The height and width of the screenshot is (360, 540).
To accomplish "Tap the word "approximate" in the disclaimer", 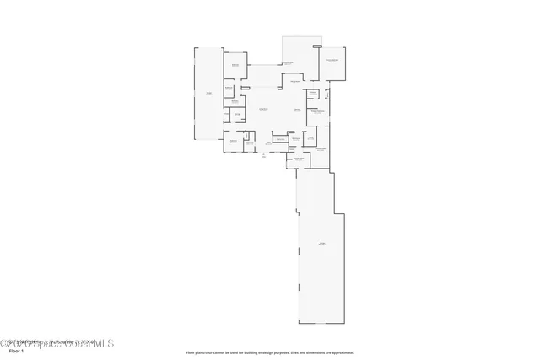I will pyautogui.click(x=343, y=352).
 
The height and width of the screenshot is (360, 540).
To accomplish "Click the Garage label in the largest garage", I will pyautogui.click(x=321, y=244).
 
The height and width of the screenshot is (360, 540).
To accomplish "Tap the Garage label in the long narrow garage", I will pyautogui.click(x=208, y=93).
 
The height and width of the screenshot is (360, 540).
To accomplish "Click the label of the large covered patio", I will pyautogui.click(x=288, y=63).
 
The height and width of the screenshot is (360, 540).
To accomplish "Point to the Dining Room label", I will pyautogui.click(x=295, y=82).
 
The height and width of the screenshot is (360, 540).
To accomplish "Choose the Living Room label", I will pyautogui.click(x=263, y=110).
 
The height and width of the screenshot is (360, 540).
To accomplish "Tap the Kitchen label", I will pyautogui.click(x=297, y=110).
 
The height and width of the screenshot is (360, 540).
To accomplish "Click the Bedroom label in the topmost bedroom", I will pyautogui.click(x=235, y=66).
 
